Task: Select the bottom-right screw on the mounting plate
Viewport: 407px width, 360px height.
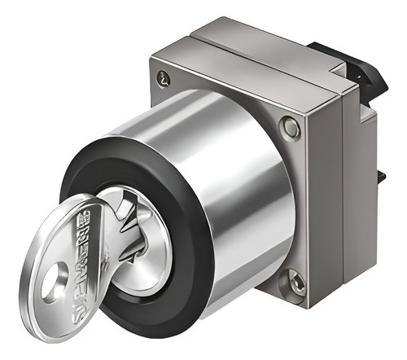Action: [295, 283]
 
